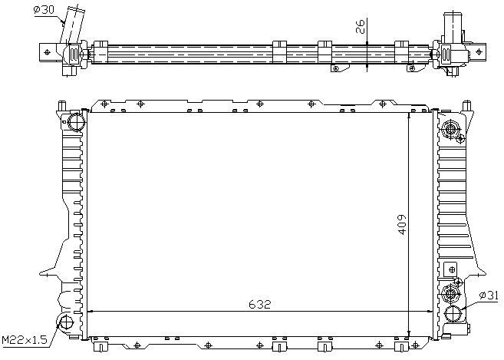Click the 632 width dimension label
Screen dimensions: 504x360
click(260, 304)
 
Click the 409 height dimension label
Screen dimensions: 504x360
click(402, 225)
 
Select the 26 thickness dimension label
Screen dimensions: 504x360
click(361, 27)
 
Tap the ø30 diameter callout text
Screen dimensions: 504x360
click(44, 10)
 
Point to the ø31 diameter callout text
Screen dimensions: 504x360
click(489, 295)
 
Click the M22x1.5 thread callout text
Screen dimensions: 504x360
click(25, 339)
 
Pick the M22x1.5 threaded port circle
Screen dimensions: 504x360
click(65, 322)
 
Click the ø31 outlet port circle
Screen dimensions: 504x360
click(453, 314)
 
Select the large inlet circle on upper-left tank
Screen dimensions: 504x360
click(77, 121)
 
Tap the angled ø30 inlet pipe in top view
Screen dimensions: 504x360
click(73, 25)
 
